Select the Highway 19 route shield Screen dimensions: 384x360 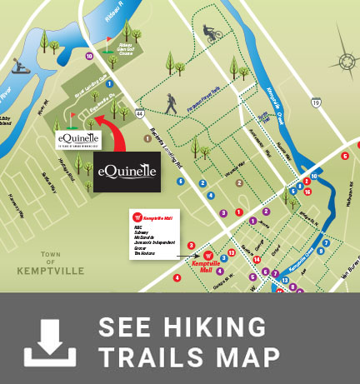[316, 102]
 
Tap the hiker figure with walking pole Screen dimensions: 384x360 [170, 105]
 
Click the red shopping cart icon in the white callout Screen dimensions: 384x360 [136, 217]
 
